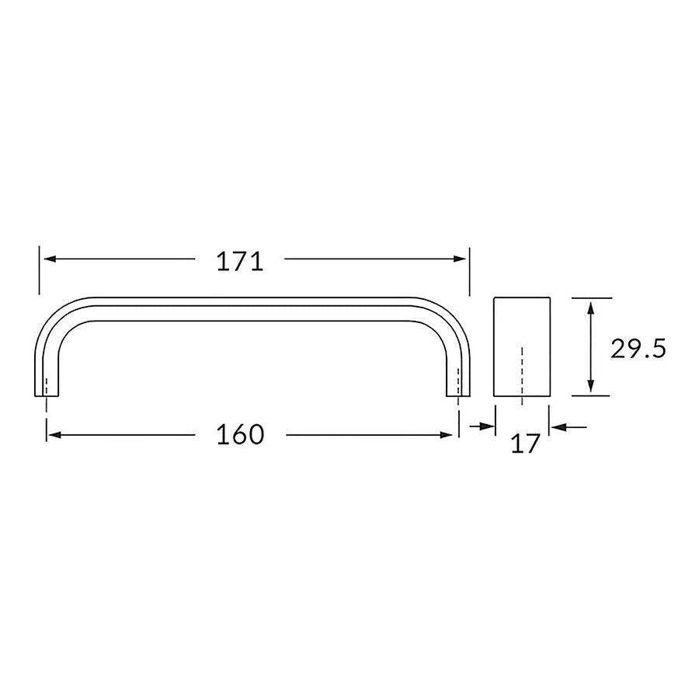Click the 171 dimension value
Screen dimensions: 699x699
(x=240, y=262)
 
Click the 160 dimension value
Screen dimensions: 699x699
(x=240, y=435)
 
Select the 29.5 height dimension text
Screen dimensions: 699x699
(x=638, y=349)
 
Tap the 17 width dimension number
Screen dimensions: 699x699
(x=526, y=444)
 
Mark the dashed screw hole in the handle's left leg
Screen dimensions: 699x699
(x=47, y=387)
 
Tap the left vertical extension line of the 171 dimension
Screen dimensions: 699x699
(x=40, y=271)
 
